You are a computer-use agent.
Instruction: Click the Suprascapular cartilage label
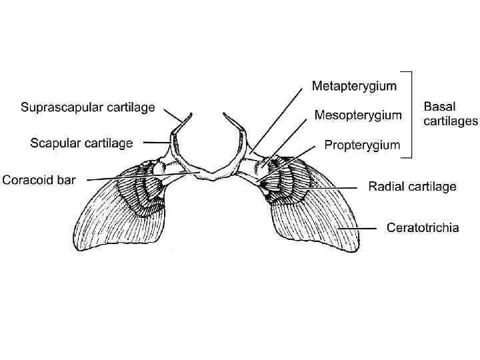88,107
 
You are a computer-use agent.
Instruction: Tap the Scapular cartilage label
82,143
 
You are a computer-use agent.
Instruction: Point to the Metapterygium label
355,86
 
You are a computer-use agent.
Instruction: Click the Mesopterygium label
358,115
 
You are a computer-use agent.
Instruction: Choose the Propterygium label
362,144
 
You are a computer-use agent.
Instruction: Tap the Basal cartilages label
451,113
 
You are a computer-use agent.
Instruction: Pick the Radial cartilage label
413,187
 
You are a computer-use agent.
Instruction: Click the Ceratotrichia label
423,228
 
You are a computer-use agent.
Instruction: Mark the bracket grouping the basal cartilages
409,113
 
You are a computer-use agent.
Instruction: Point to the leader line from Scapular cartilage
156,143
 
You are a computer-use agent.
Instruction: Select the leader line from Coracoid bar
143,176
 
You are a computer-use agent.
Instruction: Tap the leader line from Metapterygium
280,120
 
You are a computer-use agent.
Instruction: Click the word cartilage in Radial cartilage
432,187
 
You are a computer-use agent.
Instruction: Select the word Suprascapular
62,107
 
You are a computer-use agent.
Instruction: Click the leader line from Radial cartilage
333,187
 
